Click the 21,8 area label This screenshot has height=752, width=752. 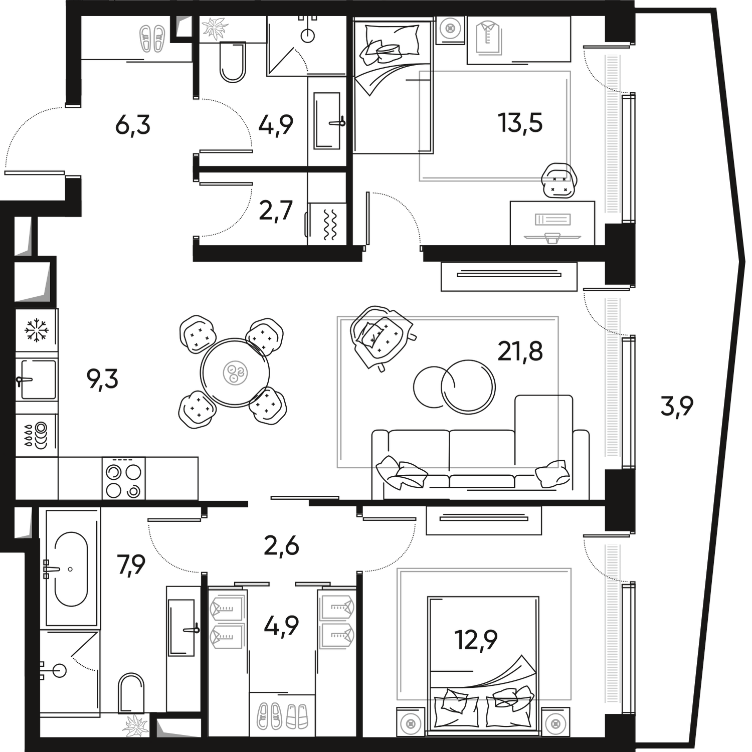[x=520, y=351]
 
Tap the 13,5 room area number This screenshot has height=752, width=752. [x=520, y=123]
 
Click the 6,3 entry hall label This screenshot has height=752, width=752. [x=133, y=125]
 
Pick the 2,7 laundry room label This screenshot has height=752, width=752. [x=276, y=211]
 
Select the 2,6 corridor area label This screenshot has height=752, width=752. [x=281, y=545]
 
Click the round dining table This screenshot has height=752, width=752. [x=235, y=372]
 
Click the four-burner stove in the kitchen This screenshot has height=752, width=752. [x=123, y=478]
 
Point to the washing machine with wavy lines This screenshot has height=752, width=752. [x=327, y=224]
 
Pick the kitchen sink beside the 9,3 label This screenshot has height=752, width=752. [x=37, y=380]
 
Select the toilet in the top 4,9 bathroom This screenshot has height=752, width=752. [x=233, y=62]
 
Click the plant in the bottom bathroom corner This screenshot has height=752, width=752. [x=136, y=725]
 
